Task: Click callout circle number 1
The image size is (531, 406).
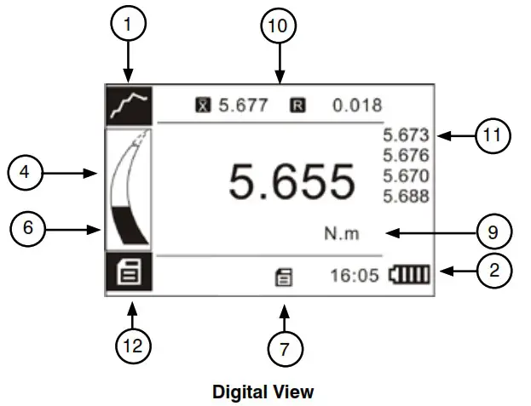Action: (x=128, y=26)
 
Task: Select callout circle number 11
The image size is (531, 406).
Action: (x=492, y=135)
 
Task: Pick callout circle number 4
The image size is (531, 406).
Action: (x=27, y=173)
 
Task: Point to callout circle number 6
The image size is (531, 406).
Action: (x=28, y=228)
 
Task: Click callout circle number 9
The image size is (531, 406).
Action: (x=492, y=232)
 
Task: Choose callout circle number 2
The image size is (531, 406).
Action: (x=492, y=272)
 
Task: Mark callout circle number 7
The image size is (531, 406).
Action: (x=285, y=348)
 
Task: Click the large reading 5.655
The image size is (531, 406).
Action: (x=291, y=182)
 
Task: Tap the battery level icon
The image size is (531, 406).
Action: (x=411, y=276)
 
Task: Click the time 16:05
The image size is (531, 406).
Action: (x=355, y=276)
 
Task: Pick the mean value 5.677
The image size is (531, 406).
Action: (x=244, y=106)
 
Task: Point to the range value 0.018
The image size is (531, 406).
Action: (x=357, y=106)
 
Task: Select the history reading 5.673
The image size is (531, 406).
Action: (x=407, y=135)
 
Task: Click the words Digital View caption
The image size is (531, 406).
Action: (x=263, y=392)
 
